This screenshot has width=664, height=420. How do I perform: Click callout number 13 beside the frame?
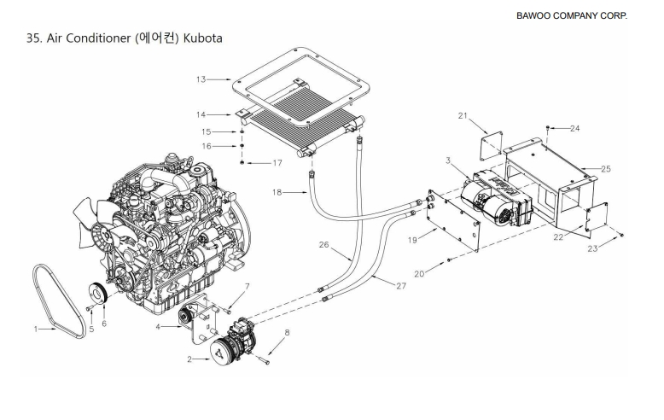[201, 79]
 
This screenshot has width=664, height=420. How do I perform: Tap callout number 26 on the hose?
[323, 245]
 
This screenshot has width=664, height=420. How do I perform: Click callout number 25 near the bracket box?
[606, 169]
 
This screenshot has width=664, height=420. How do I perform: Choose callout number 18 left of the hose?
[276, 194]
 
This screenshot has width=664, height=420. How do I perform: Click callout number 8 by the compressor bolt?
[288, 332]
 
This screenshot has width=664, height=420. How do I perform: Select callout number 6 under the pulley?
[103, 324]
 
